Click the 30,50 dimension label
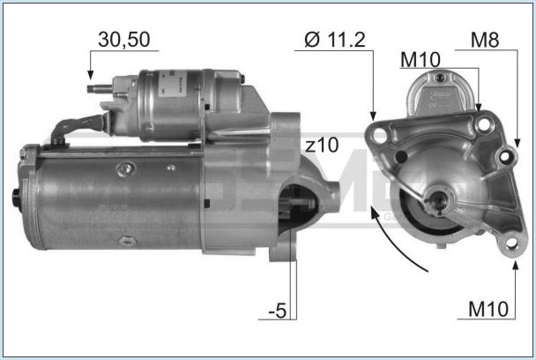click(x=124, y=40)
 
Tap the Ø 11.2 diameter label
click(x=335, y=40)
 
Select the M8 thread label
click(x=485, y=40)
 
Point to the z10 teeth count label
click(x=322, y=145)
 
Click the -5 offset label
click(x=277, y=311)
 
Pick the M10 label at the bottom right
click(x=488, y=310)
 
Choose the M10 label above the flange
click(x=421, y=60)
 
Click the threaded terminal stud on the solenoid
click(x=100, y=89)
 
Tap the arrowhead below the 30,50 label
click(x=90, y=75)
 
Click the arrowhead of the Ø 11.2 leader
click(x=373, y=116)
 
